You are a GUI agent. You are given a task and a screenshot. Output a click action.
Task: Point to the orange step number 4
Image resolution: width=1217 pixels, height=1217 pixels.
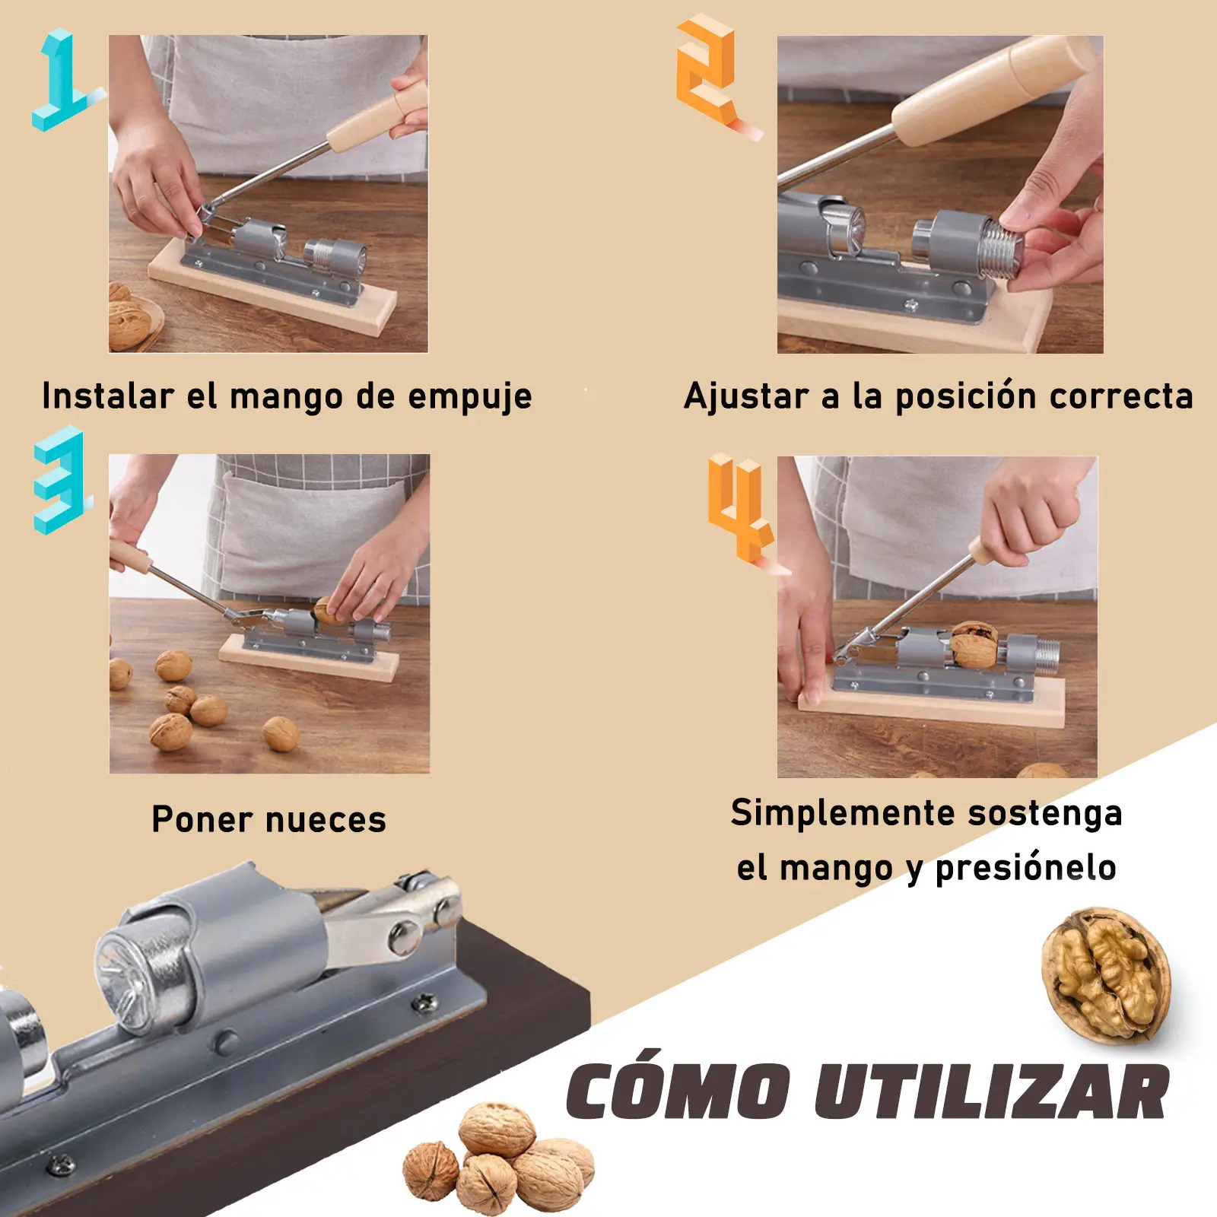point(739,508)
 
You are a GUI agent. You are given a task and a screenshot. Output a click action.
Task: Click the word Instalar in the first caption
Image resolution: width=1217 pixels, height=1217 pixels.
point(108,396)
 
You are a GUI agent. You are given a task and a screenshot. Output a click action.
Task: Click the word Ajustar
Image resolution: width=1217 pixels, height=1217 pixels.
point(746,396)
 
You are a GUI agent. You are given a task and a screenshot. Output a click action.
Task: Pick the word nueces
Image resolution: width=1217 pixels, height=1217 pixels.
point(326,820)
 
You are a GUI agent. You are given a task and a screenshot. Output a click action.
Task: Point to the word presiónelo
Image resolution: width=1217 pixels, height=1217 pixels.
point(1025,867)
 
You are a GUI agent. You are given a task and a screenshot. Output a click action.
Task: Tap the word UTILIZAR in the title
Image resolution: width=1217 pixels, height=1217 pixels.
point(992,1091)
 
